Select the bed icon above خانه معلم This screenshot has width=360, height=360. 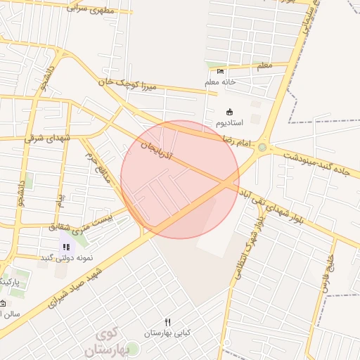point(221,71)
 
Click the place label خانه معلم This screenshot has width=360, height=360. point(221,82)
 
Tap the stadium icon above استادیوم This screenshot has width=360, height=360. point(229,112)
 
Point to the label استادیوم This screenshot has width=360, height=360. point(230,123)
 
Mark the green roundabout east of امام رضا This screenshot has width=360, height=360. point(262,148)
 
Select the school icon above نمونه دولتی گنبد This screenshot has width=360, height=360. point(66,247)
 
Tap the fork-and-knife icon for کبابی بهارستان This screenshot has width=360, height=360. point(167,322)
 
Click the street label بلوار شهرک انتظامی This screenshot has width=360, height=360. point(248,246)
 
